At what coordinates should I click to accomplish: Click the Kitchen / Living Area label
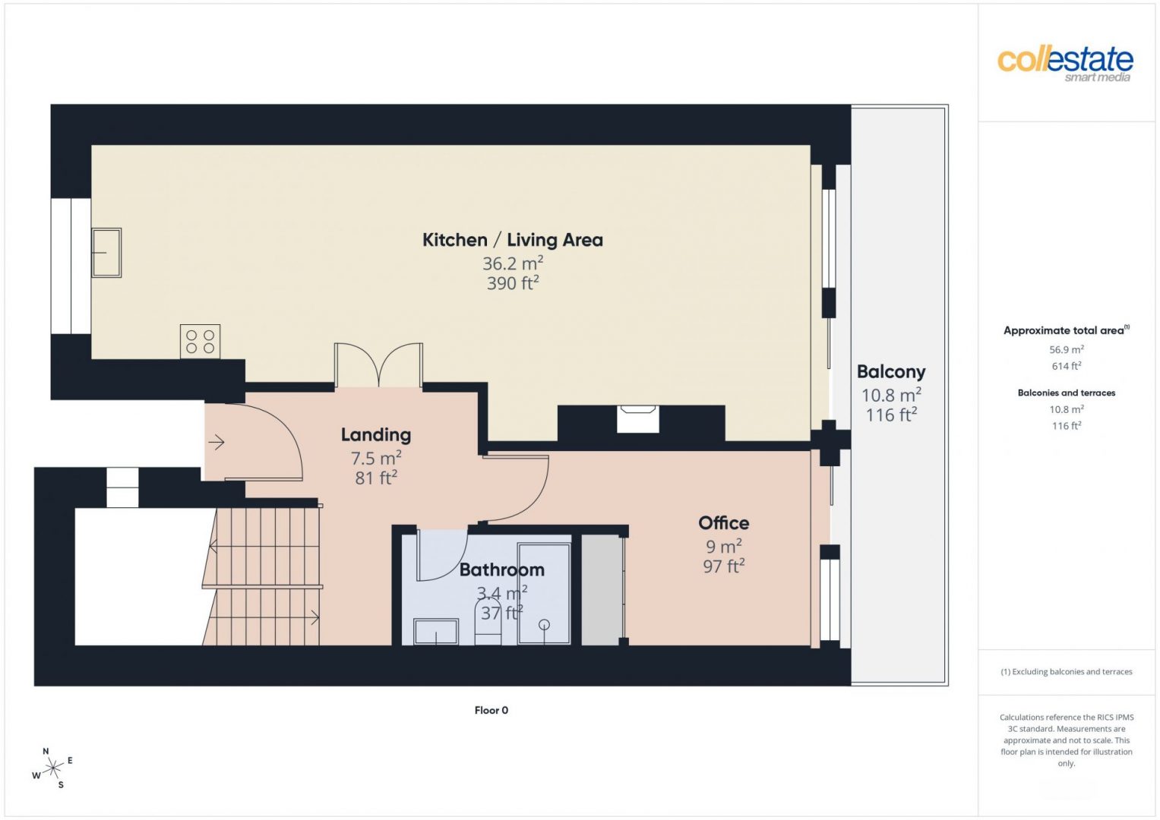coord(513,240)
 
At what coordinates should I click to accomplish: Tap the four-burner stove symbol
coord(200,342)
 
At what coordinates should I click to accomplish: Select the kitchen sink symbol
coord(106,253)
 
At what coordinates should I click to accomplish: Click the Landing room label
coord(376,435)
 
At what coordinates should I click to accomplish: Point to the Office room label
coord(723,523)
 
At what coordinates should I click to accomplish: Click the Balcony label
coord(891,372)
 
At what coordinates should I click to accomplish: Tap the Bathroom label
coord(502,570)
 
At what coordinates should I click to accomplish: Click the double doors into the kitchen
coord(378,365)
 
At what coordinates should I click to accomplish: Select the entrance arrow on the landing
coord(216,443)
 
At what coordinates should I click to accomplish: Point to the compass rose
coord(52,768)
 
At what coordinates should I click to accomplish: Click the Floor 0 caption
coord(491,710)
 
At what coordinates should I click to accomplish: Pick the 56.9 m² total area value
coord(1067,349)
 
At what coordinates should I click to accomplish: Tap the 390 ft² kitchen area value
coord(513,283)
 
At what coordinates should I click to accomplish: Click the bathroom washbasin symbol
coord(436,632)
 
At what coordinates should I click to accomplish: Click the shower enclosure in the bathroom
coord(544,593)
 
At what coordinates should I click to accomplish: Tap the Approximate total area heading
coord(1067,330)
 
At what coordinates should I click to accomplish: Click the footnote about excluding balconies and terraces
coord(1067,671)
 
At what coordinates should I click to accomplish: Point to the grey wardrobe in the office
coord(601,590)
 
